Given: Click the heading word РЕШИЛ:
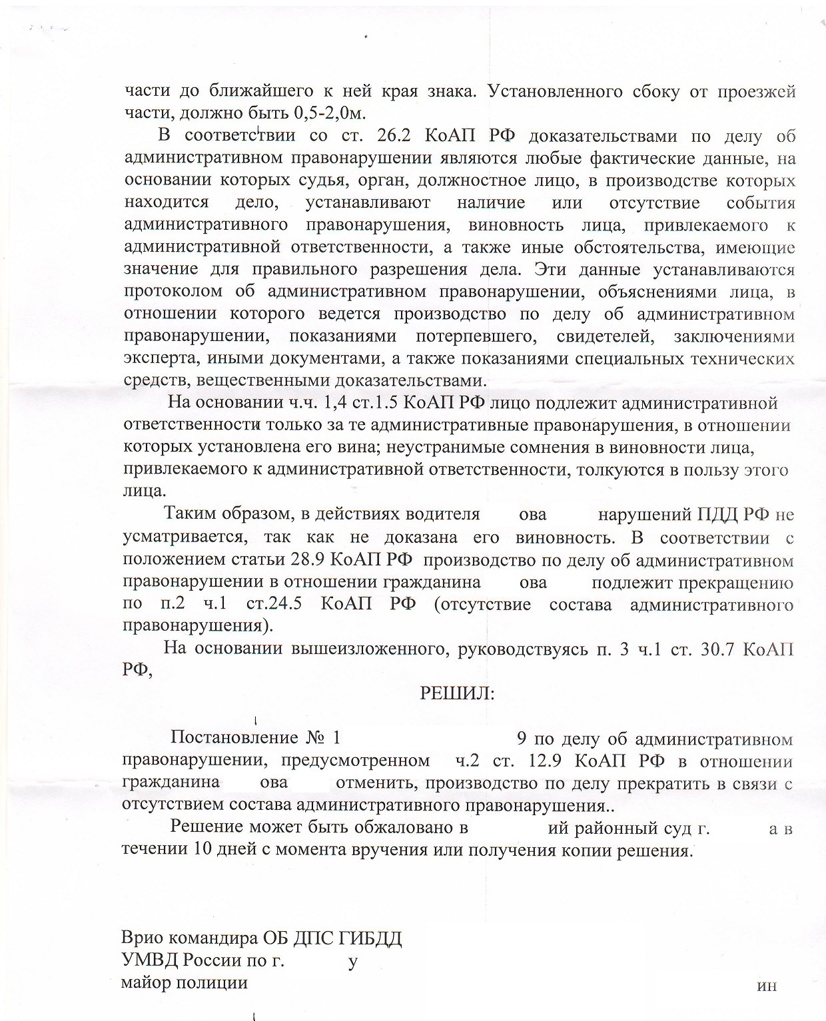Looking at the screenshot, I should (457, 693).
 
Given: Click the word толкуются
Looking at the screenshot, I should (625, 470).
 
